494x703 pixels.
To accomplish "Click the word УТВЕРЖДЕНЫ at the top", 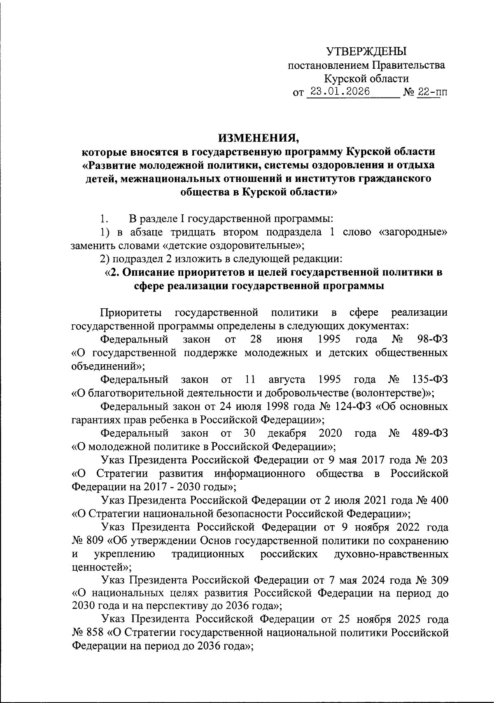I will pyautogui.click(x=366, y=51).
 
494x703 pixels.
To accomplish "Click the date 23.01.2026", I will pyautogui.click(x=340, y=92).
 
